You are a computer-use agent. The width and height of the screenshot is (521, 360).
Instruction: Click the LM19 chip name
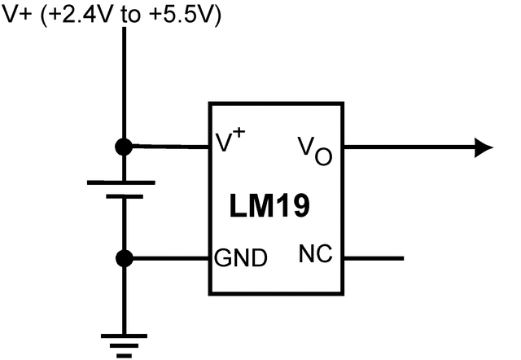coord(268,206)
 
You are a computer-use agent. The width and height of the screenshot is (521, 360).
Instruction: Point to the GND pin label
coord(240,260)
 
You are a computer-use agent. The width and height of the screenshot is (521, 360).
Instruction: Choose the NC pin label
coord(317,256)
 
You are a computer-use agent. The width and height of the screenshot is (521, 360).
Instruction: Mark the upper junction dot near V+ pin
coord(124,147)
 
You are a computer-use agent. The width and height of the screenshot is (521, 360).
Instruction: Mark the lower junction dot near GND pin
coord(124,259)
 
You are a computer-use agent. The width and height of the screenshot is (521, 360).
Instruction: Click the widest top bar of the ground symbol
coord(124,334)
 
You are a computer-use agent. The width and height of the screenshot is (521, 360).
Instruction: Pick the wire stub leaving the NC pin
coord(374,259)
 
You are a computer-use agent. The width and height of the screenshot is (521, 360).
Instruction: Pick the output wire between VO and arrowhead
coord(407,147)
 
